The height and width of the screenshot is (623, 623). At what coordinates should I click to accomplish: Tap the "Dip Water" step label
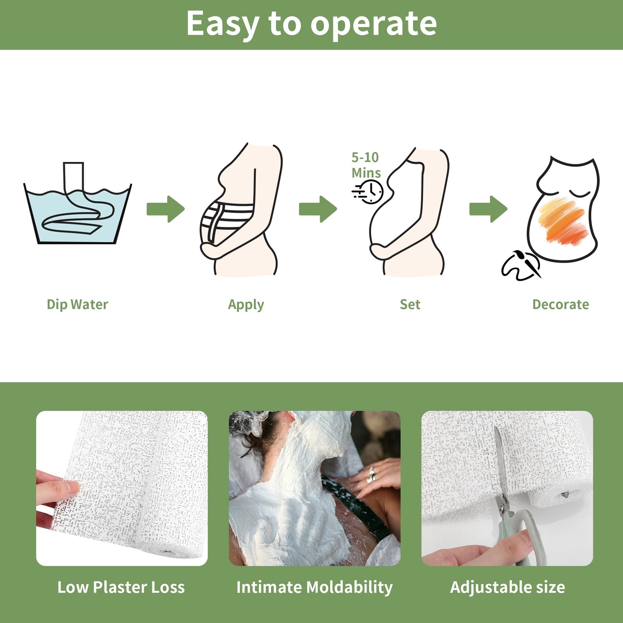click(77, 304)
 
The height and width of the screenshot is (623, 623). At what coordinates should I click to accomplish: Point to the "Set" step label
click(410, 304)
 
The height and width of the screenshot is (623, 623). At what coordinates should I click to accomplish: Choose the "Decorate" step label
click(561, 304)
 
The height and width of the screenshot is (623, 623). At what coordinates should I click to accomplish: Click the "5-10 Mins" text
click(366, 165)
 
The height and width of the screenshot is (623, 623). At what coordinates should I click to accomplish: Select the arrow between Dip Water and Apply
click(166, 209)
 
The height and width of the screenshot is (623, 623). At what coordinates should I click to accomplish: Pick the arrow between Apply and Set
click(318, 209)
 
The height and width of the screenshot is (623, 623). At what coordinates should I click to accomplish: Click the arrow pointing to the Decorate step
click(488, 209)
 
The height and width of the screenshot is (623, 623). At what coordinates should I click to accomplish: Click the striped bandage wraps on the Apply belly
click(226, 219)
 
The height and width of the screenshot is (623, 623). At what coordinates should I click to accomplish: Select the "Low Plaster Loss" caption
click(121, 587)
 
